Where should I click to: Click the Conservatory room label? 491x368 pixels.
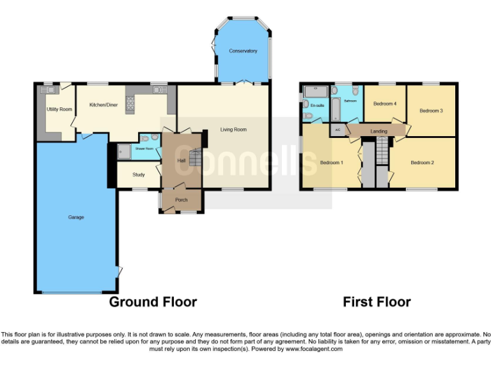point(244,51)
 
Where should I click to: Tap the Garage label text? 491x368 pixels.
point(76,218)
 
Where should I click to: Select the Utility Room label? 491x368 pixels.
point(59,109)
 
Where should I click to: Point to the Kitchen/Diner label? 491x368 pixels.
point(103,104)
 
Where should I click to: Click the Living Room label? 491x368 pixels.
point(233,130)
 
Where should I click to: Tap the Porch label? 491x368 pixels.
point(182,200)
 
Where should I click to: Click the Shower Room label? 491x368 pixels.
point(144,149)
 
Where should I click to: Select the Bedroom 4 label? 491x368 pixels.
point(385,103)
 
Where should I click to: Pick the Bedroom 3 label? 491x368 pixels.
point(431,111)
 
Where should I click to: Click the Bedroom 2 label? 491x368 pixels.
point(422,163)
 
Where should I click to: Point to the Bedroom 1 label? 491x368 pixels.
point(331,163)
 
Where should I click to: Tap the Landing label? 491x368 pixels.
point(378,132)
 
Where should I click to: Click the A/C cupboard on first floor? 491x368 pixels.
point(338,130)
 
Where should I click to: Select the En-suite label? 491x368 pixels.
point(317,105)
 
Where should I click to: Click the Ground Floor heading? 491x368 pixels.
point(153,302)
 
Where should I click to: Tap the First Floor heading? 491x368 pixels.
point(377,302)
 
